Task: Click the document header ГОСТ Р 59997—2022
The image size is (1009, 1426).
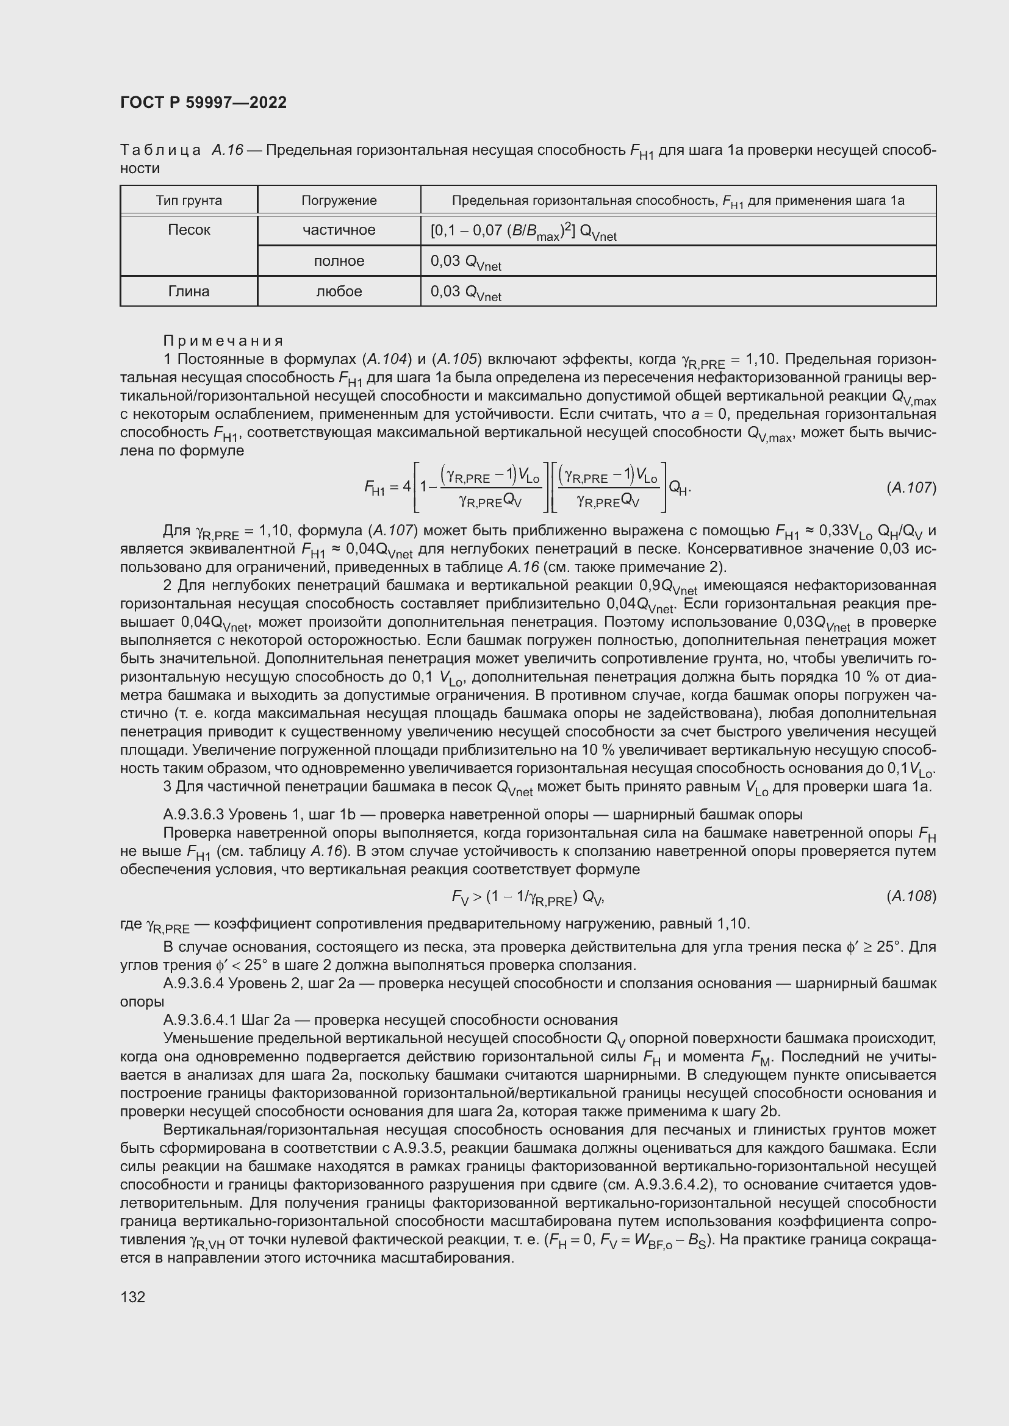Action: point(203,102)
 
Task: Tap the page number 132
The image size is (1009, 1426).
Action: point(132,1297)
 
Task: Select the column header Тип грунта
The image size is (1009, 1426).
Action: point(189,201)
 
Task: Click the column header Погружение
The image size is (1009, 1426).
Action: point(339,201)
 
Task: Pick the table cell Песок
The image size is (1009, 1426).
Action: point(189,230)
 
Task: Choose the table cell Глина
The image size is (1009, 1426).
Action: point(189,291)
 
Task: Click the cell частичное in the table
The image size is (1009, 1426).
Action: point(339,230)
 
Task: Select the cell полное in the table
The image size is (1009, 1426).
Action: point(339,261)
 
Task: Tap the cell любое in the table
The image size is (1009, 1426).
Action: point(339,291)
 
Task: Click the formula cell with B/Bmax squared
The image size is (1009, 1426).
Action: point(523,232)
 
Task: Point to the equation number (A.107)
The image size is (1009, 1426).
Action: point(911,488)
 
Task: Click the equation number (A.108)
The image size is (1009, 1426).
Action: point(911,896)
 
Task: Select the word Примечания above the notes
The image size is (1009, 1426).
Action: point(223,340)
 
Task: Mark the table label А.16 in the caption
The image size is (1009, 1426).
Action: point(227,151)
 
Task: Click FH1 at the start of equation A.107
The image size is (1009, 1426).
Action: point(375,488)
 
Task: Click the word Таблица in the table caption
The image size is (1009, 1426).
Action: point(160,151)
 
